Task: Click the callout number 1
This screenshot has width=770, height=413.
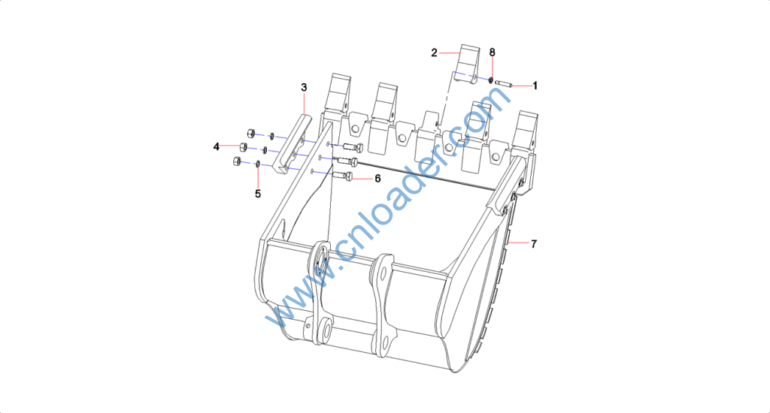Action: click(x=535, y=86)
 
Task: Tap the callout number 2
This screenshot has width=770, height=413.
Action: click(x=434, y=53)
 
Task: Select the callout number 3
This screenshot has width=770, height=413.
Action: click(x=304, y=87)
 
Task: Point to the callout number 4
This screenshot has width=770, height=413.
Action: click(x=216, y=146)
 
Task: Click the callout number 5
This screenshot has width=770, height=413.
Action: click(x=258, y=194)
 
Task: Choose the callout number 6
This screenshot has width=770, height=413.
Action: click(x=377, y=179)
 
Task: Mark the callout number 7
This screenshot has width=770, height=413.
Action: click(x=534, y=243)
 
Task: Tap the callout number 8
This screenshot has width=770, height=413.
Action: click(x=492, y=53)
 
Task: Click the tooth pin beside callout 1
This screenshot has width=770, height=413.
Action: click(x=503, y=83)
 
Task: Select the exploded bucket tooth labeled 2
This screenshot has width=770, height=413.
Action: click(x=466, y=65)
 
